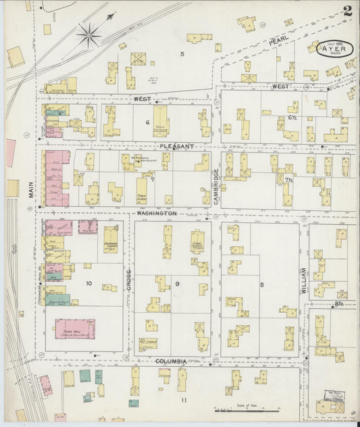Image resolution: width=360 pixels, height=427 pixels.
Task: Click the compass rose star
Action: pyautogui.click(x=88, y=31)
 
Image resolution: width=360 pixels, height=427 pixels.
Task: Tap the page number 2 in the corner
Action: pyautogui.click(x=346, y=10)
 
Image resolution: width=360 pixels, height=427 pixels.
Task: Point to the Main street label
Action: pyautogui.click(x=31, y=192)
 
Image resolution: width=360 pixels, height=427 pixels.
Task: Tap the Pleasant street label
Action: pyautogui.click(x=177, y=146)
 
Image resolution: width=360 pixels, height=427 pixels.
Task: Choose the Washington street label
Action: pyautogui.click(x=157, y=213)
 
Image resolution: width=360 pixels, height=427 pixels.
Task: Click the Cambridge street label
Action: pyautogui.click(x=216, y=184)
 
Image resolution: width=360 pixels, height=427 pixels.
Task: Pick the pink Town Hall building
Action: pyautogui.click(x=74, y=329)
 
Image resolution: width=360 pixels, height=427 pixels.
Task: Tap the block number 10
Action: pyautogui.click(x=88, y=284)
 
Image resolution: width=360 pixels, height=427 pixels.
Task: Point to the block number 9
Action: pyautogui.click(x=178, y=284)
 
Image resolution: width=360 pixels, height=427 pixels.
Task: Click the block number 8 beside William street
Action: pyautogui.click(x=261, y=284)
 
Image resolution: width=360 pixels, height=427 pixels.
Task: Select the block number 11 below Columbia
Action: pyautogui.click(x=182, y=400)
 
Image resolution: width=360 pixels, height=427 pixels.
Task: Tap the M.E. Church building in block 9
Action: pyautogui.click(x=148, y=342)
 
